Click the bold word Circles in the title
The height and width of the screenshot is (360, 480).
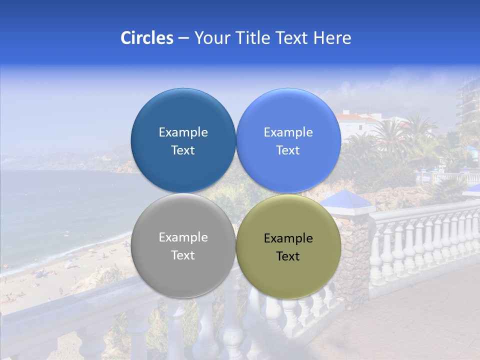tap(146, 38)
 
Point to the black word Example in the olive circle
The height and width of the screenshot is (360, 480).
tap(288, 238)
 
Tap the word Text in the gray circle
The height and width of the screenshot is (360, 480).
tap(183, 255)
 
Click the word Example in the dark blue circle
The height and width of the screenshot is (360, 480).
tap(183, 132)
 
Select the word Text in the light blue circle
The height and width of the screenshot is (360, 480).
tap(288, 150)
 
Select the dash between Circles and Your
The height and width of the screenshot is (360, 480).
tap(183, 38)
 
